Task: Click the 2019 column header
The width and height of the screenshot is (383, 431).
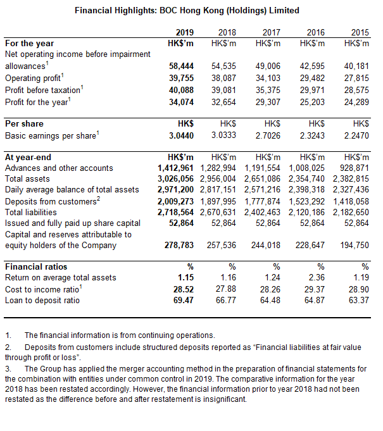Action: (184, 32)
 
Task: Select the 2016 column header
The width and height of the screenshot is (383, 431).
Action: (315, 32)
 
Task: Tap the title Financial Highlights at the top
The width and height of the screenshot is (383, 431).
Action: (187, 11)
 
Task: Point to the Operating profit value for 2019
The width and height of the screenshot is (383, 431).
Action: (180, 78)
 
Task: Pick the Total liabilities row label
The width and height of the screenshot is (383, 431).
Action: (30, 213)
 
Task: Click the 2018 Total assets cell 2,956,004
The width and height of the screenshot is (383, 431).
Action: (220, 179)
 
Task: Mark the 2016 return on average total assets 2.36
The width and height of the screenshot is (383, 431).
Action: (316, 277)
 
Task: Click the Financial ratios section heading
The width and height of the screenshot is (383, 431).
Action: (36, 266)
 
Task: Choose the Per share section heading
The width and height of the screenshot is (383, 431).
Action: (24, 123)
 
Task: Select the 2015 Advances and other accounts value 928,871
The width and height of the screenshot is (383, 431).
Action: (355, 168)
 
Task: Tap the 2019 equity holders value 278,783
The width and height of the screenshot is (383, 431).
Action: (179, 244)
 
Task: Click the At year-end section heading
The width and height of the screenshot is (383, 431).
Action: (28, 157)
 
